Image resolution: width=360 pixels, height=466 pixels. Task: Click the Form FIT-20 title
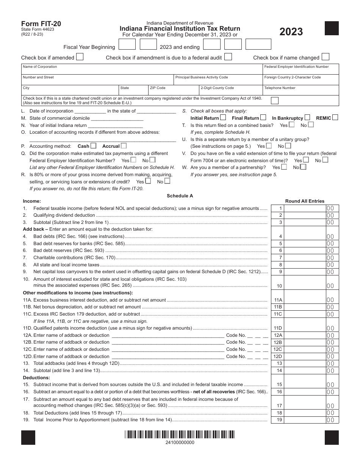pos(41,24)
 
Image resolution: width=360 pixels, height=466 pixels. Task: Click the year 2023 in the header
pos(291,32)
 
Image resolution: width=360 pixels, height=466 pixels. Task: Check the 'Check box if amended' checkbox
pos(80,57)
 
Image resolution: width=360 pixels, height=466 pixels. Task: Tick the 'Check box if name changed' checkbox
pos(325,57)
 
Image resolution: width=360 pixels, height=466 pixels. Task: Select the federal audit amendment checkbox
pos(228,57)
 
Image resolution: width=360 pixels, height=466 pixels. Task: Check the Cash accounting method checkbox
pos(94,146)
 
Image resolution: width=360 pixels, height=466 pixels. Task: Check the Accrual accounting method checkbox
pos(124,146)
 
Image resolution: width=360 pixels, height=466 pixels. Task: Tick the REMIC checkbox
pos(335,117)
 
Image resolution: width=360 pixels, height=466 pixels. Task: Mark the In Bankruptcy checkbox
pos(307,117)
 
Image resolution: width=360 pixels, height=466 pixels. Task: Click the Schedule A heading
pos(180,196)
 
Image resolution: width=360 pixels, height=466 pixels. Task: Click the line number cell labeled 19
pos(280,420)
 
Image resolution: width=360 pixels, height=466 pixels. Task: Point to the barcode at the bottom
pos(180,435)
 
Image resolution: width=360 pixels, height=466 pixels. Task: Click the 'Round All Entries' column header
pos(305,201)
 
